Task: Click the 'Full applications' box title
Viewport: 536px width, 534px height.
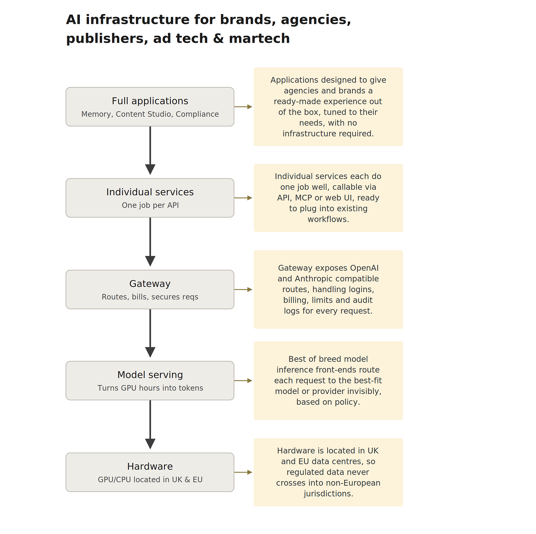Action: (150, 101)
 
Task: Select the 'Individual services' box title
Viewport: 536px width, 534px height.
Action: (150, 192)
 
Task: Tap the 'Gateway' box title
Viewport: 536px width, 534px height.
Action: (150, 284)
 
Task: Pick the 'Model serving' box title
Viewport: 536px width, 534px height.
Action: (150, 375)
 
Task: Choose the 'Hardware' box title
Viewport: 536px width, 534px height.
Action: (150, 466)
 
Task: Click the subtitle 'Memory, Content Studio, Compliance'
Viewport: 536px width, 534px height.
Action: (150, 114)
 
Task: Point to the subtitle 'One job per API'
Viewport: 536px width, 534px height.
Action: (150, 205)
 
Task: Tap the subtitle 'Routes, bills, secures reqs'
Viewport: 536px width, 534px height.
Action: (150, 297)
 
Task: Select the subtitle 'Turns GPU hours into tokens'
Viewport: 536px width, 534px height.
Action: (150, 388)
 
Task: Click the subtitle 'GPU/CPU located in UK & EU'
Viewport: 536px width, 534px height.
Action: (150, 479)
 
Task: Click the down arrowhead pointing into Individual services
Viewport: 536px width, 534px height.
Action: (150, 169)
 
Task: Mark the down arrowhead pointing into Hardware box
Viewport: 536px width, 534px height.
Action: (150, 444)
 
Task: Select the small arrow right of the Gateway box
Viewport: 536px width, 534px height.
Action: (243, 289)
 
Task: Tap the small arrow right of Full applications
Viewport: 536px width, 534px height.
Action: (243, 106)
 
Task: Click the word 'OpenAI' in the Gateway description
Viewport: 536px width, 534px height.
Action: (364, 268)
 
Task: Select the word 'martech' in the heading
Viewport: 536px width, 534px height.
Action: (259, 38)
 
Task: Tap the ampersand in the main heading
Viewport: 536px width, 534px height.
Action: (218, 38)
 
